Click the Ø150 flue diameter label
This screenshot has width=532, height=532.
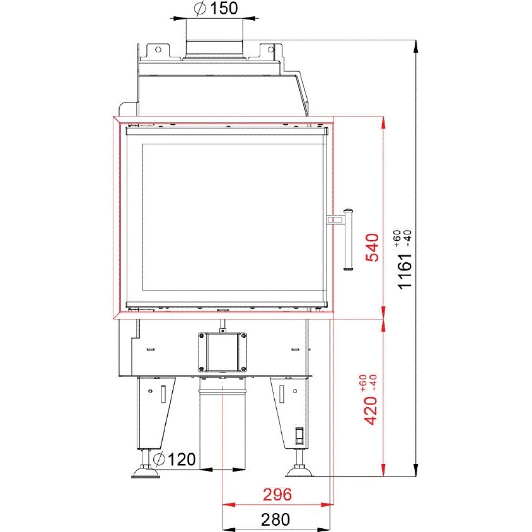pos(216,8)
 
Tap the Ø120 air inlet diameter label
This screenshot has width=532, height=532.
pos(175,459)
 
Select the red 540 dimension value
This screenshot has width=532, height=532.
pos(372,247)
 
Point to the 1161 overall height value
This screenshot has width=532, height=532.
pos(405,272)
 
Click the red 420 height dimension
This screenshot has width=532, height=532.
pos(370,410)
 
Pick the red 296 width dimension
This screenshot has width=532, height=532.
pos(277,494)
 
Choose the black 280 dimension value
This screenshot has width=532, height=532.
pos(275,519)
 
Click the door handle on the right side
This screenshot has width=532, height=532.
pos(348,240)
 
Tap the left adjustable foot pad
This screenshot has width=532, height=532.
pos(145,472)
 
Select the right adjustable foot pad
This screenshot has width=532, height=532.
pos(300,471)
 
